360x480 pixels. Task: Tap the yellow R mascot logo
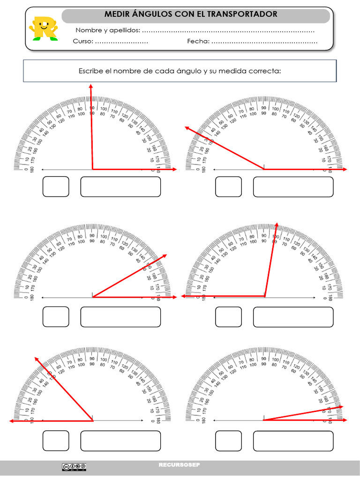pyautogui.click(x=42, y=29)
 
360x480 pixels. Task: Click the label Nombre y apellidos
pyautogui.click(x=108, y=30)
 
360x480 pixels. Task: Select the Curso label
pyautogui.click(x=83, y=41)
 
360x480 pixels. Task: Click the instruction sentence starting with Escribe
pyautogui.click(x=180, y=71)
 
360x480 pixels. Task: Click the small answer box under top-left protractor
pyautogui.click(x=56, y=187)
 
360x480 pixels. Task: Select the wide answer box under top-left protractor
pyautogui.click(x=120, y=187)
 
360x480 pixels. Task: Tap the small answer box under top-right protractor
pyautogui.click(x=228, y=187)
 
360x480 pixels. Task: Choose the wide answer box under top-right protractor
pyautogui.click(x=293, y=187)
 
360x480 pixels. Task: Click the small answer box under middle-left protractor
pyautogui.click(x=56, y=317)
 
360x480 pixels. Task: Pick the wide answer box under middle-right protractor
pyautogui.click(x=293, y=317)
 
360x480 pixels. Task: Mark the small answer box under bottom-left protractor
pyautogui.click(x=56, y=441)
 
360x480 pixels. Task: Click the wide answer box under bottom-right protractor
pyautogui.click(x=293, y=441)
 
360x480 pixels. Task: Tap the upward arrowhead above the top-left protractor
pyautogui.click(x=90, y=86)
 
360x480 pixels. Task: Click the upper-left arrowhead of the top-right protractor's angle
pyautogui.click(x=187, y=128)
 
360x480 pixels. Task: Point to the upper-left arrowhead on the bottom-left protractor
pyautogui.click(x=36, y=359)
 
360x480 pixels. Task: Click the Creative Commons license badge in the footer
pyautogui.click(x=74, y=466)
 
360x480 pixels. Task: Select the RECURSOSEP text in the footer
pyautogui.click(x=179, y=465)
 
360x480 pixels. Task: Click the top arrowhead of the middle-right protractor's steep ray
pyautogui.click(x=277, y=225)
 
